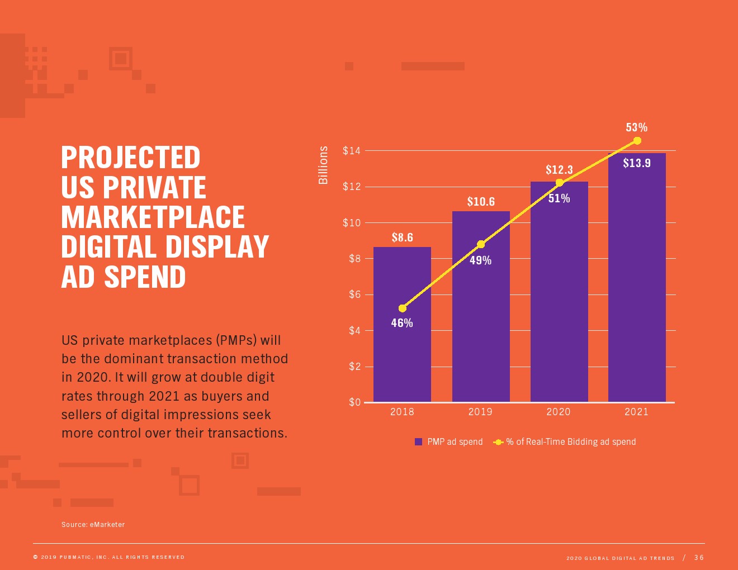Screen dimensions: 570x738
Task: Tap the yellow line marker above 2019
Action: [x=481, y=244]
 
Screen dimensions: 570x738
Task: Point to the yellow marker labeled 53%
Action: [x=637, y=141]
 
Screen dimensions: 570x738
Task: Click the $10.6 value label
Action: [x=481, y=202]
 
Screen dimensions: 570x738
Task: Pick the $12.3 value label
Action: [x=559, y=170]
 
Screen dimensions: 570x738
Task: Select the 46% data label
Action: [x=402, y=323]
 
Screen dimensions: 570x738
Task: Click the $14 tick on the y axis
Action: [x=352, y=151]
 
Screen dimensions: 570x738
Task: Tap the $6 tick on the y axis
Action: [x=354, y=294]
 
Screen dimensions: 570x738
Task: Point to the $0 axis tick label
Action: [x=354, y=402]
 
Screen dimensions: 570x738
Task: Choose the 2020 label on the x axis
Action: [x=559, y=412]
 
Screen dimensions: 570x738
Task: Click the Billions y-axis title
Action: [x=323, y=165]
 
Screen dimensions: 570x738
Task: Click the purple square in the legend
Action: [x=419, y=442]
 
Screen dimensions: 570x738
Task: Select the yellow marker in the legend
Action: [x=498, y=442]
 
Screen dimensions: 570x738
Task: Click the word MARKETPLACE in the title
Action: [x=153, y=217]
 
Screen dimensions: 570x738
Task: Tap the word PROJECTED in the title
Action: [x=130, y=158]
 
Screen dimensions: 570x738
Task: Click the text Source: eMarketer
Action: [x=93, y=525]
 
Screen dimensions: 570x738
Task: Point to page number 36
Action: [x=699, y=558]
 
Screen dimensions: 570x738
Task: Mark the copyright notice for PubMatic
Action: [x=109, y=557]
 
